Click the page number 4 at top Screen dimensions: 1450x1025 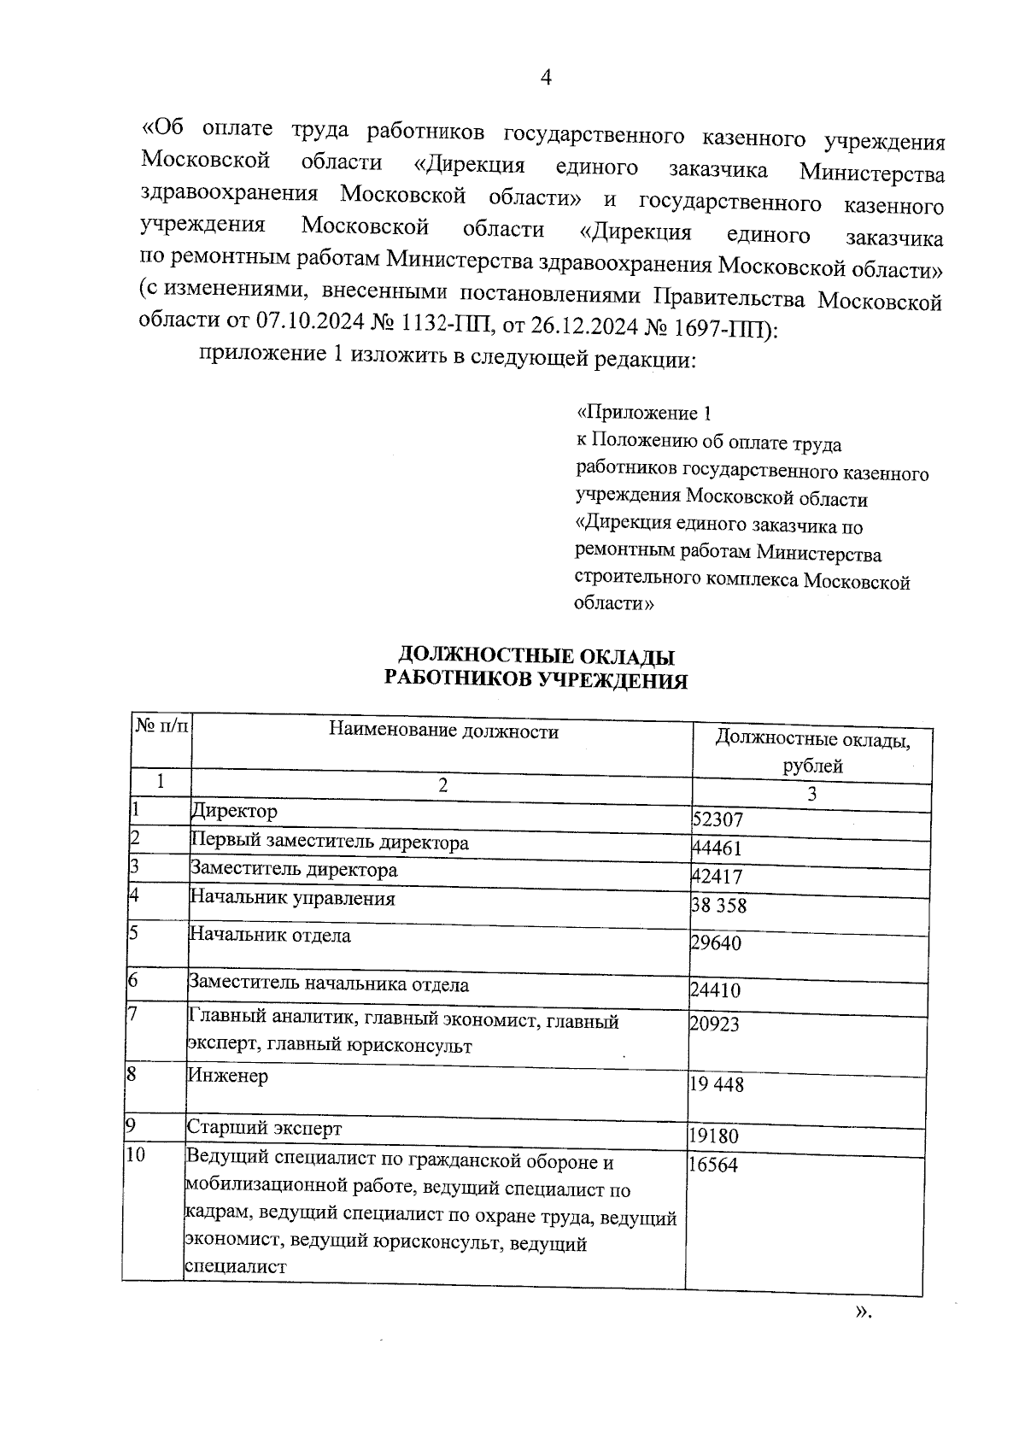pos(546,78)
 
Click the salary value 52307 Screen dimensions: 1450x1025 pos(717,820)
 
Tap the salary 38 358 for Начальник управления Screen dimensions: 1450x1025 pos(718,906)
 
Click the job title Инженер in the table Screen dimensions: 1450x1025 pos(227,1076)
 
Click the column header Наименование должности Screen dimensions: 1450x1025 pos(444,731)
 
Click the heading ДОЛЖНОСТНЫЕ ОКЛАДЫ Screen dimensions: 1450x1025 pos(536,656)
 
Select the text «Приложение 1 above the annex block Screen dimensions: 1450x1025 pos(644,414)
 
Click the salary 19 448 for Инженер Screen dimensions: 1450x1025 pos(717,1085)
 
